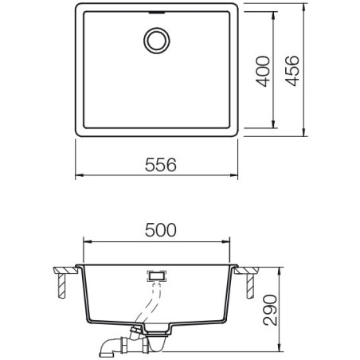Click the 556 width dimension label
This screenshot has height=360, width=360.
161,165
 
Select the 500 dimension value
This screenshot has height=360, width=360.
161,230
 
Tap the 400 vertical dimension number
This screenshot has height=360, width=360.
263,72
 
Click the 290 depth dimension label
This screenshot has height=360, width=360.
270,310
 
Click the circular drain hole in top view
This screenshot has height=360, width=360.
157,41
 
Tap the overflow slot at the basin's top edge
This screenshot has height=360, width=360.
157,12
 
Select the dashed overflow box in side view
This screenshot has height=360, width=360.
157,276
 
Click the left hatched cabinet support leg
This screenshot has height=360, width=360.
61,286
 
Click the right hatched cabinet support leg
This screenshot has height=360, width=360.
250,286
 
